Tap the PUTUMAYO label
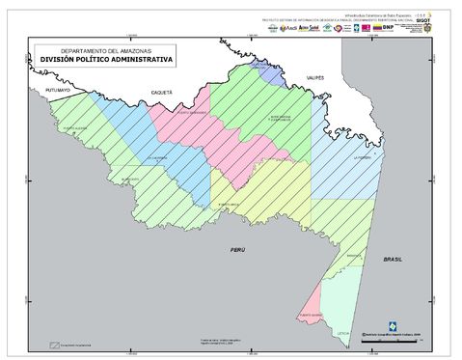58,90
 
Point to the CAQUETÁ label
160,91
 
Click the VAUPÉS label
316,76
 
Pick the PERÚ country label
237,249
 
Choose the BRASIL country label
393,260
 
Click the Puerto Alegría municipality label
74,127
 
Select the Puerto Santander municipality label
196,114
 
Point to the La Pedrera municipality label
362,156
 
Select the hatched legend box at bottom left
56,345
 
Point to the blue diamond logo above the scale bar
390,325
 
